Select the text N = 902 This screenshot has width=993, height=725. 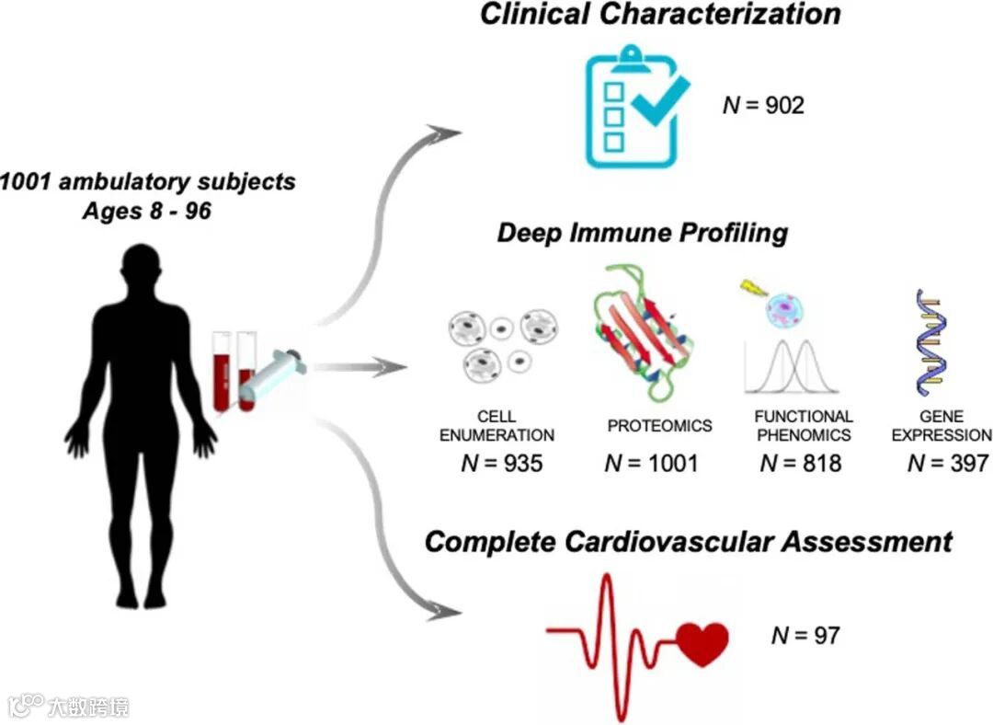[x=763, y=105]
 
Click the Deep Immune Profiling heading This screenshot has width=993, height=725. [x=642, y=232]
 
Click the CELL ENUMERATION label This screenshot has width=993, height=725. [x=496, y=426]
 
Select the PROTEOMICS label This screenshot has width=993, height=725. [x=659, y=426]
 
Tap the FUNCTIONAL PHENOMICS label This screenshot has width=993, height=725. [x=803, y=426]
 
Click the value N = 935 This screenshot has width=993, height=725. [x=501, y=463]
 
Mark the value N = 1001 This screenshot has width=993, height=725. [x=651, y=463]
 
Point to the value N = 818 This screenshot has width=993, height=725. [x=800, y=463]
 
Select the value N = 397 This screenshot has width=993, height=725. [x=947, y=463]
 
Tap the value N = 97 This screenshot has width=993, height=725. [x=805, y=635]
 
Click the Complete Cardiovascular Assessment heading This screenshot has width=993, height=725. [x=689, y=542]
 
